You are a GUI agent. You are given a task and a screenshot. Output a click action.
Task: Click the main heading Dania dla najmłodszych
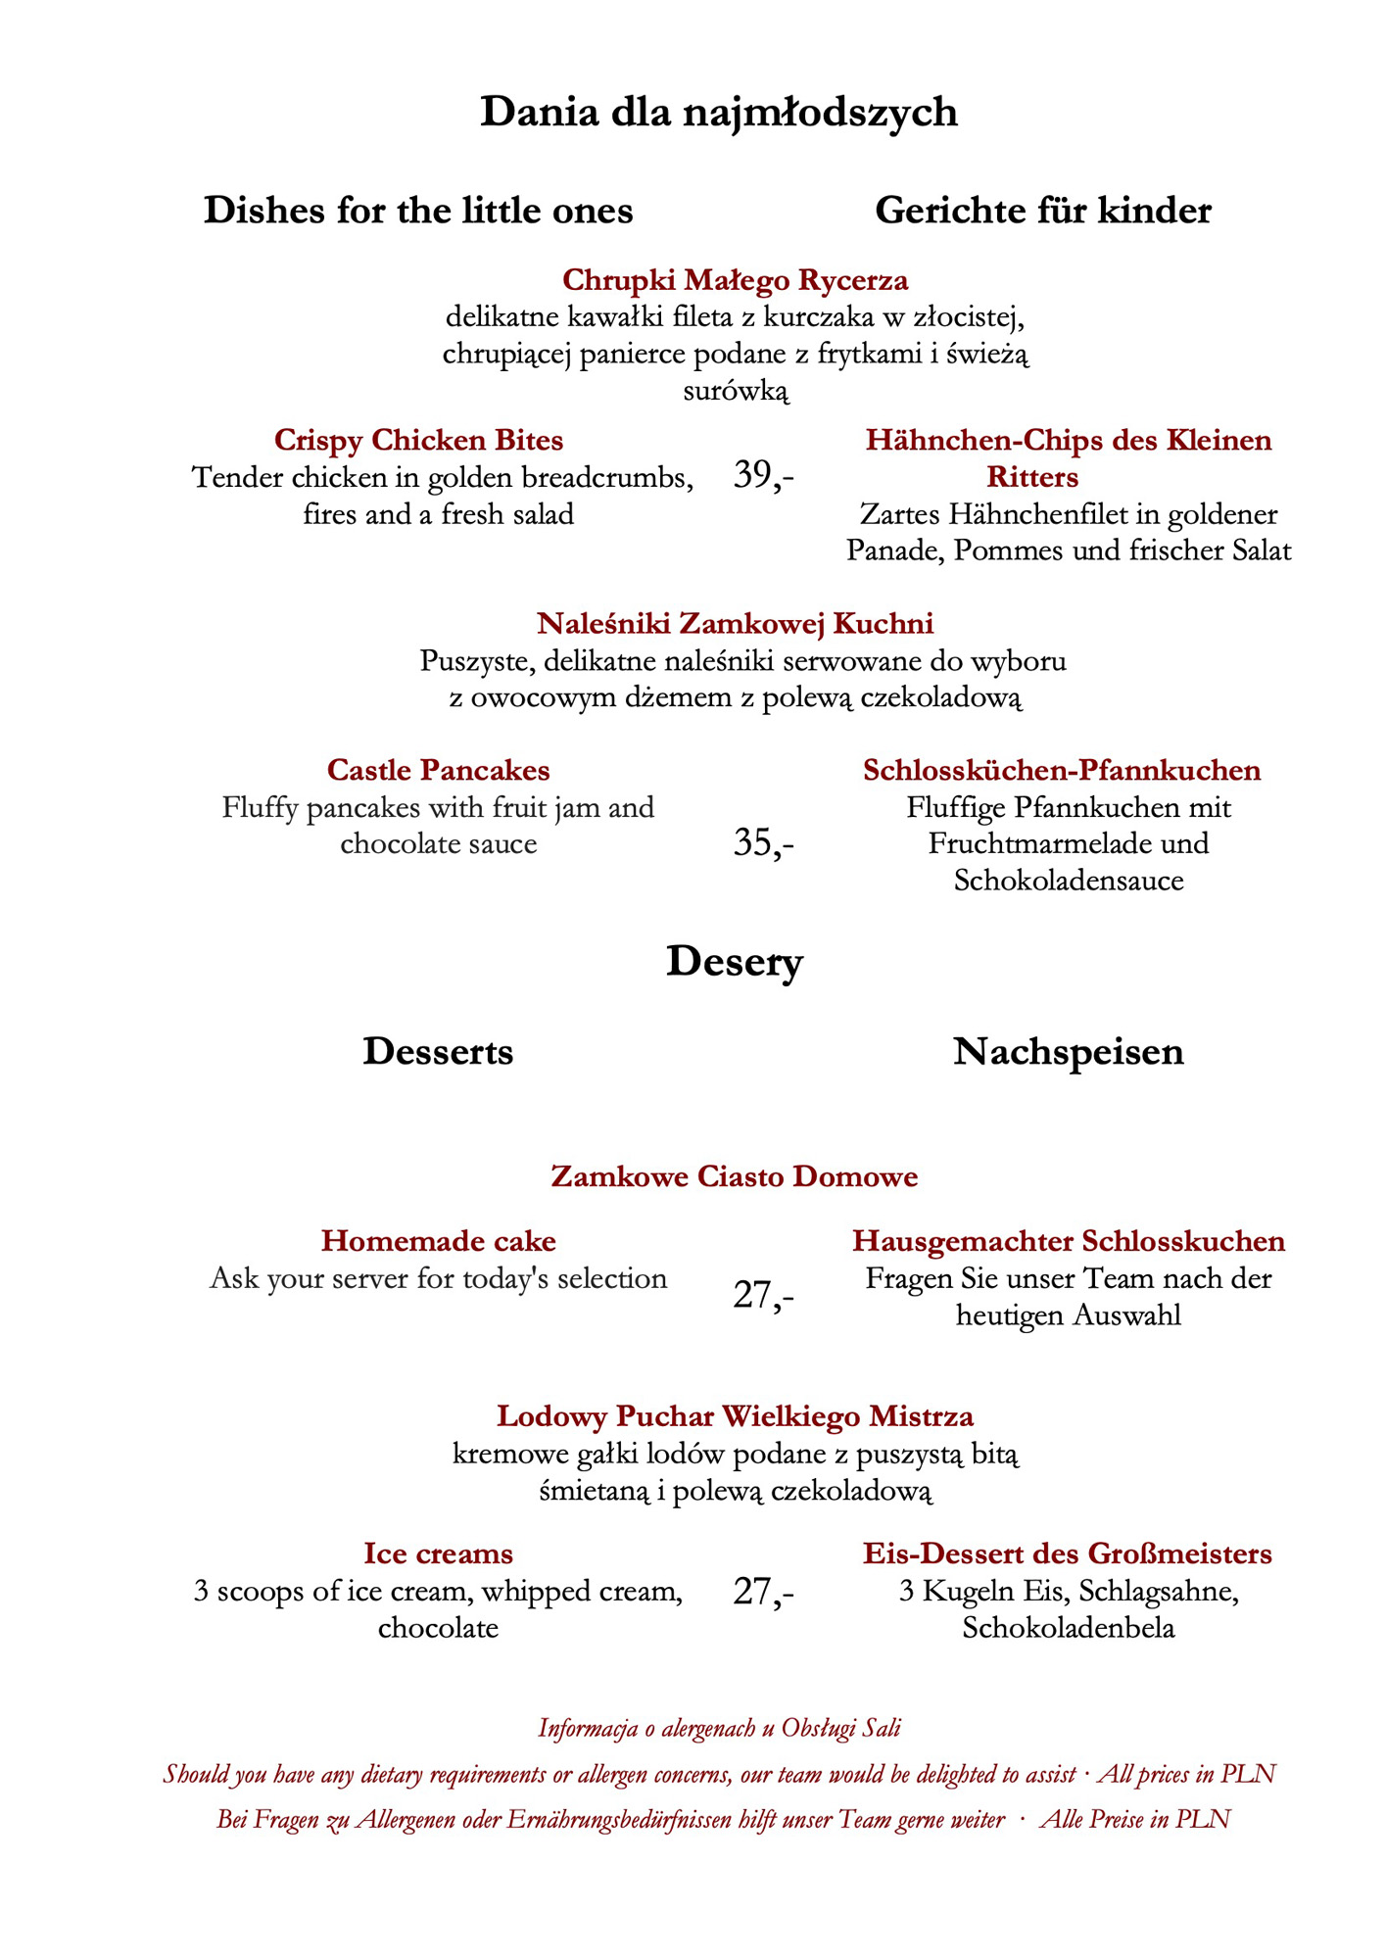coord(718,113)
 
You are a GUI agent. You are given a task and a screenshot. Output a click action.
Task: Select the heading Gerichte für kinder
coord(1042,211)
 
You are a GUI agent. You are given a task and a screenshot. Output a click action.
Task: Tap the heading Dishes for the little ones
coord(418,211)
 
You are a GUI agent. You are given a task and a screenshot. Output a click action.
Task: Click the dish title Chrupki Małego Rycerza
coord(735,280)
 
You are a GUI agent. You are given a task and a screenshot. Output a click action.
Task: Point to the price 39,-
coord(763,476)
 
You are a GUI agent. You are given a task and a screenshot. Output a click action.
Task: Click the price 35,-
coord(763,843)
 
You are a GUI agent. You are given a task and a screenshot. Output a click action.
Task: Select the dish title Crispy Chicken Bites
coord(418,440)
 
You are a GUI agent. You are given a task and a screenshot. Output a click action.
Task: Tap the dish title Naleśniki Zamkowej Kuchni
coord(735,623)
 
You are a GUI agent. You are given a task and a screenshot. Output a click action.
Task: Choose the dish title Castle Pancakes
coord(438,770)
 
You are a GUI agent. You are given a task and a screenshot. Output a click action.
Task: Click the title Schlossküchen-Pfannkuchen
coord(1062,770)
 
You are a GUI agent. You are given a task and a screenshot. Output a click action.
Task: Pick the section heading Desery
coord(735,962)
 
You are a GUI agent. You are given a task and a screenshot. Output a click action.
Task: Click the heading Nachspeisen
coord(1068,1052)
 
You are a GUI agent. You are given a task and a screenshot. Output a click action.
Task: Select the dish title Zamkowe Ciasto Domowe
coord(735,1175)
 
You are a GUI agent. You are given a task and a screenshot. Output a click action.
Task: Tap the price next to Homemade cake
coord(763,1295)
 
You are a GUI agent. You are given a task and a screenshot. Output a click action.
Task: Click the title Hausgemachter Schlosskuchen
coord(1068,1241)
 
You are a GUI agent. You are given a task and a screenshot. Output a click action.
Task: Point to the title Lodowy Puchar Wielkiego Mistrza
coord(735,1416)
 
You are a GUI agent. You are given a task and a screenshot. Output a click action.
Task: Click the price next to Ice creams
coord(763,1592)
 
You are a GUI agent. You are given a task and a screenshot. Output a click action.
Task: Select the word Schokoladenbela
coord(1068,1628)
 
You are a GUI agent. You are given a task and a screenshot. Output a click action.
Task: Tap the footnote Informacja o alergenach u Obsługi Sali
coord(719,1728)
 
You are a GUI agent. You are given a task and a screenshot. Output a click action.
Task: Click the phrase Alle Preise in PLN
coord(1134,1820)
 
